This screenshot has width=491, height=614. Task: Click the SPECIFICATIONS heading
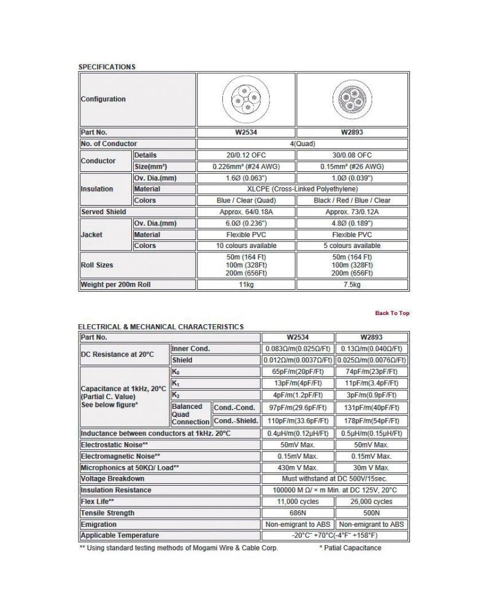(107, 67)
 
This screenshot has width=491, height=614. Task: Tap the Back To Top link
(392, 313)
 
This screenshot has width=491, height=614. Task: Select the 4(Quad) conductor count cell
(303, 144)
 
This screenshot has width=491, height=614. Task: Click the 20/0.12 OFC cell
(245, 155)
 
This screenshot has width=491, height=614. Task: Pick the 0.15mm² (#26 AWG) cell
(352, 166)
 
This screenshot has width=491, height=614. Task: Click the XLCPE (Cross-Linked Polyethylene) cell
(303, 189)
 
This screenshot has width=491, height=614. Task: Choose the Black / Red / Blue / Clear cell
(352, 200)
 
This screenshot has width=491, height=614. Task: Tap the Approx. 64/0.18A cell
(245, 212)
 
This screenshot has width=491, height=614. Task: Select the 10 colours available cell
(245, 246)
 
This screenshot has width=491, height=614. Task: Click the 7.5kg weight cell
(352, 285)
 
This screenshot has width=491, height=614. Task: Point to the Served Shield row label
(104, 212)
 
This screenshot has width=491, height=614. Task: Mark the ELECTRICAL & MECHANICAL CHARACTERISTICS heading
(161, 327)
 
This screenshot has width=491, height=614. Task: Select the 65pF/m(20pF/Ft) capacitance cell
(298, 371)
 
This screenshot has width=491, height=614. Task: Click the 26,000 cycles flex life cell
(372, 502)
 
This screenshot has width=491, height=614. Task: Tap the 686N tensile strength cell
(298, 513)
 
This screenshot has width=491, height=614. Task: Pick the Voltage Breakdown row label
(113, 478)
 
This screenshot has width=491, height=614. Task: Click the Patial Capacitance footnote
(350, 548)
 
